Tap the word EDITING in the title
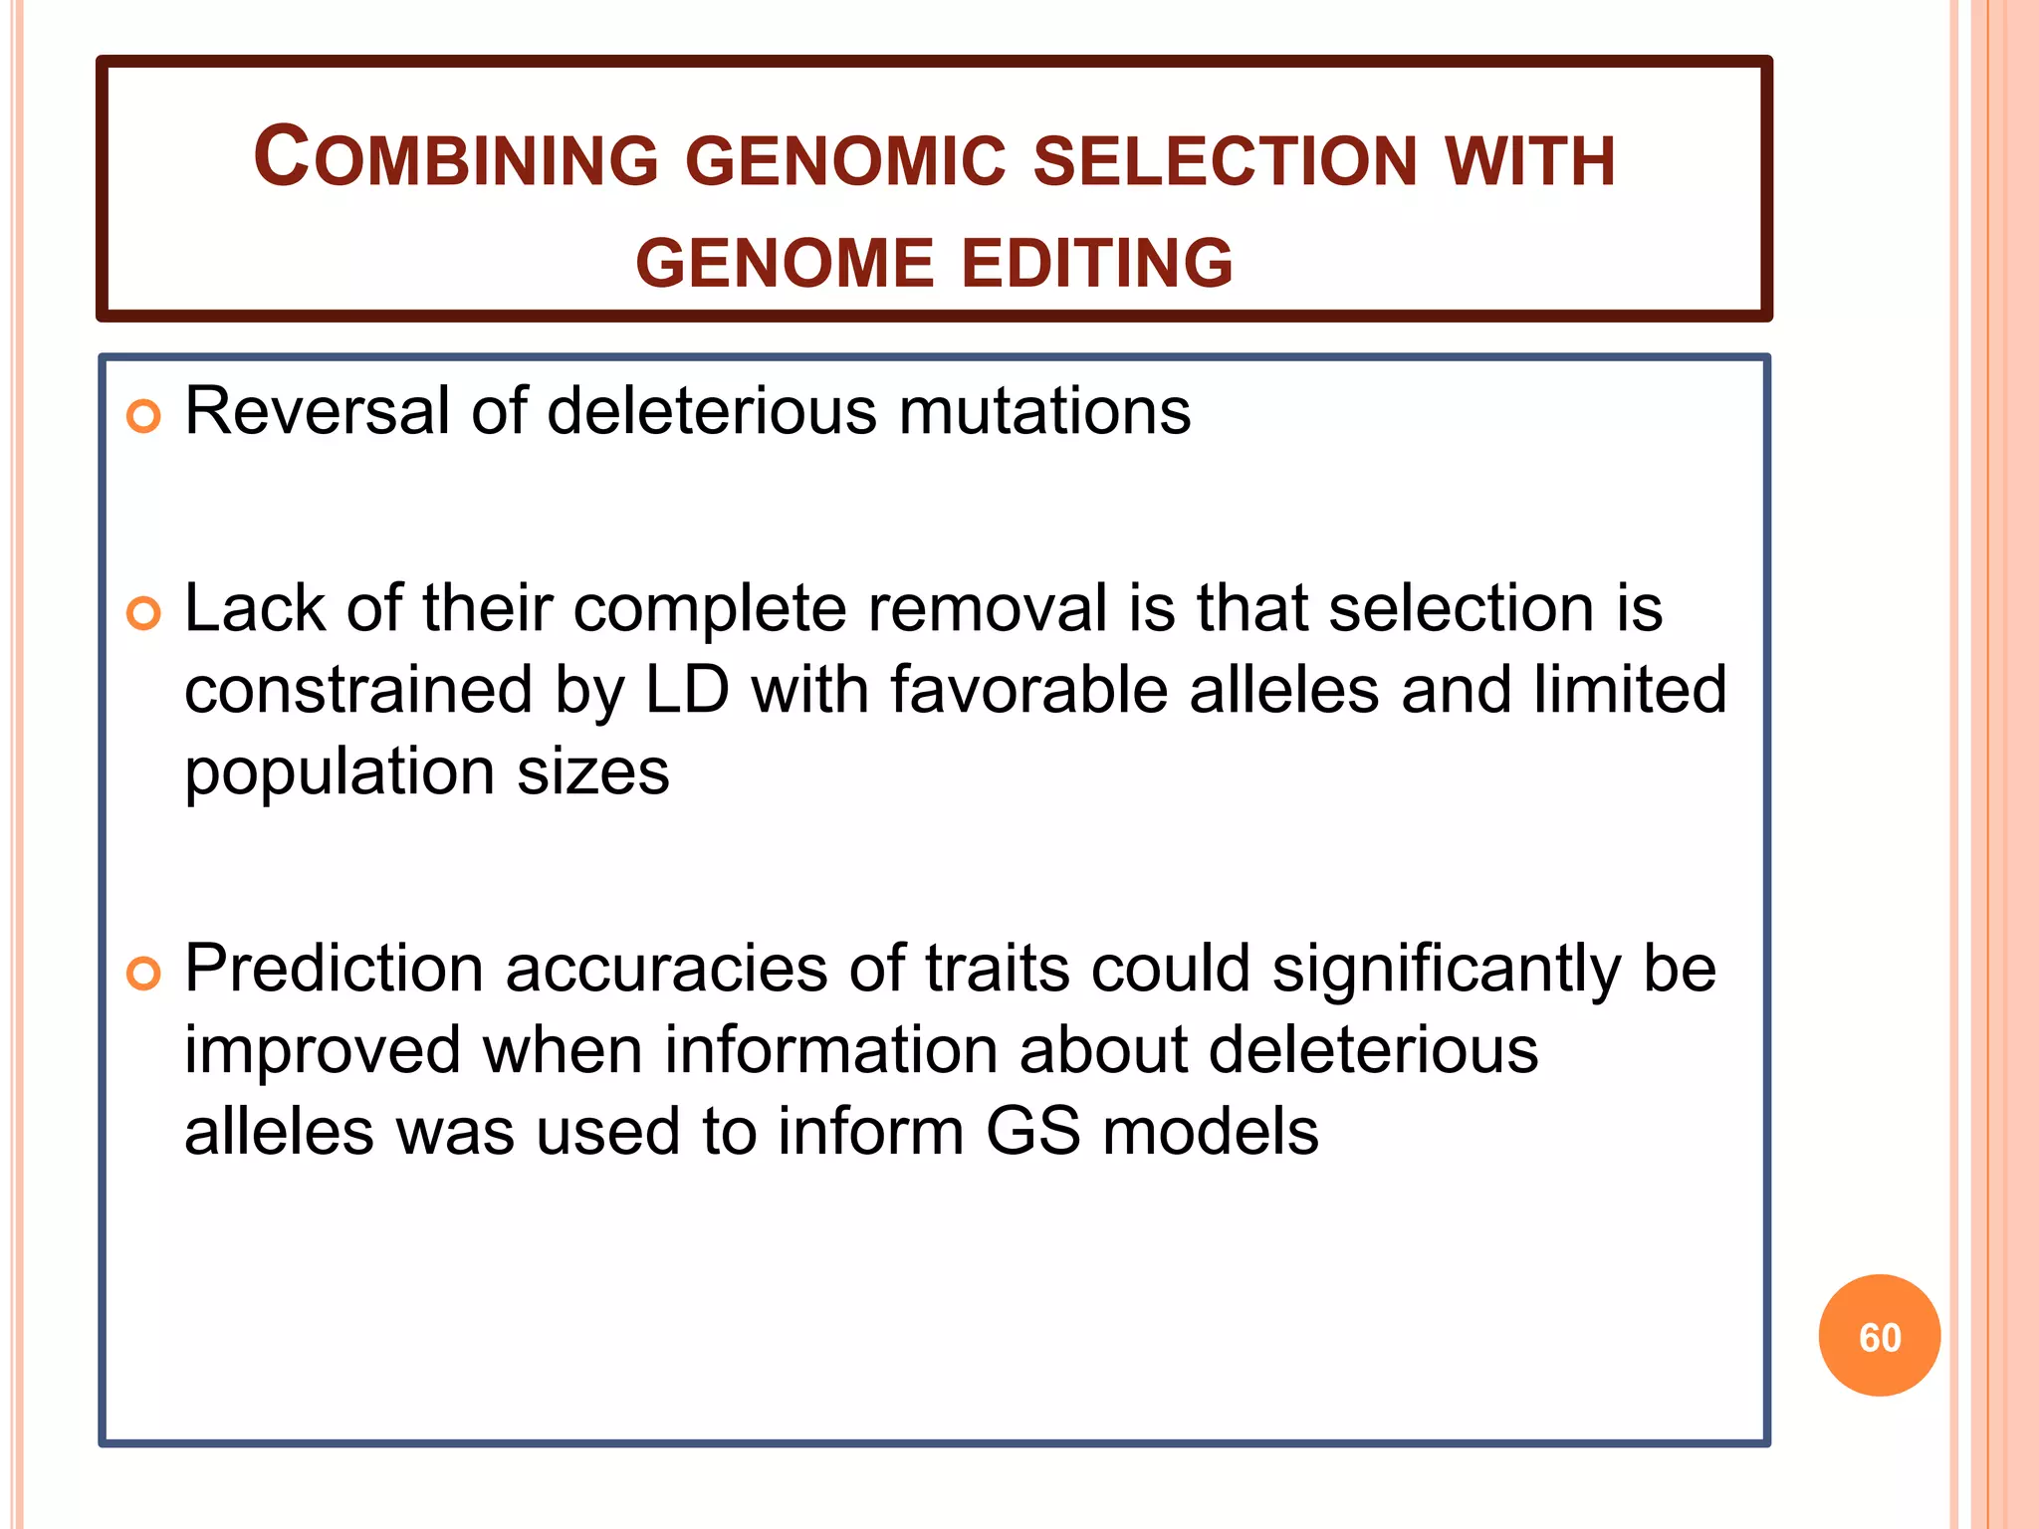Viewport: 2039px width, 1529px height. pos(1096,264)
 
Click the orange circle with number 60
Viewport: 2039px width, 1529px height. pos(1879,1336)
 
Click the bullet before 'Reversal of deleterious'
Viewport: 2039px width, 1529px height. pos(144,416)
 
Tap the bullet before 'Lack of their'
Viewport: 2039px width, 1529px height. pos(144,613)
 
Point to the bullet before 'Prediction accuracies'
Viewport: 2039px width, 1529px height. pos(144,974)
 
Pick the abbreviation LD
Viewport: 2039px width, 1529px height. pos(686,690)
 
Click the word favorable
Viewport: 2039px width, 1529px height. pos(1028,690)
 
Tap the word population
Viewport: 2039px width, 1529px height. pos(340,773)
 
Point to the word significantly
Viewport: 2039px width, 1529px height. pos(1447,971)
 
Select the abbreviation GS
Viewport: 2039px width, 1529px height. pos(1032,1132)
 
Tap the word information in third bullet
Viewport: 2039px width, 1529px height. pos(830,1050)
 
